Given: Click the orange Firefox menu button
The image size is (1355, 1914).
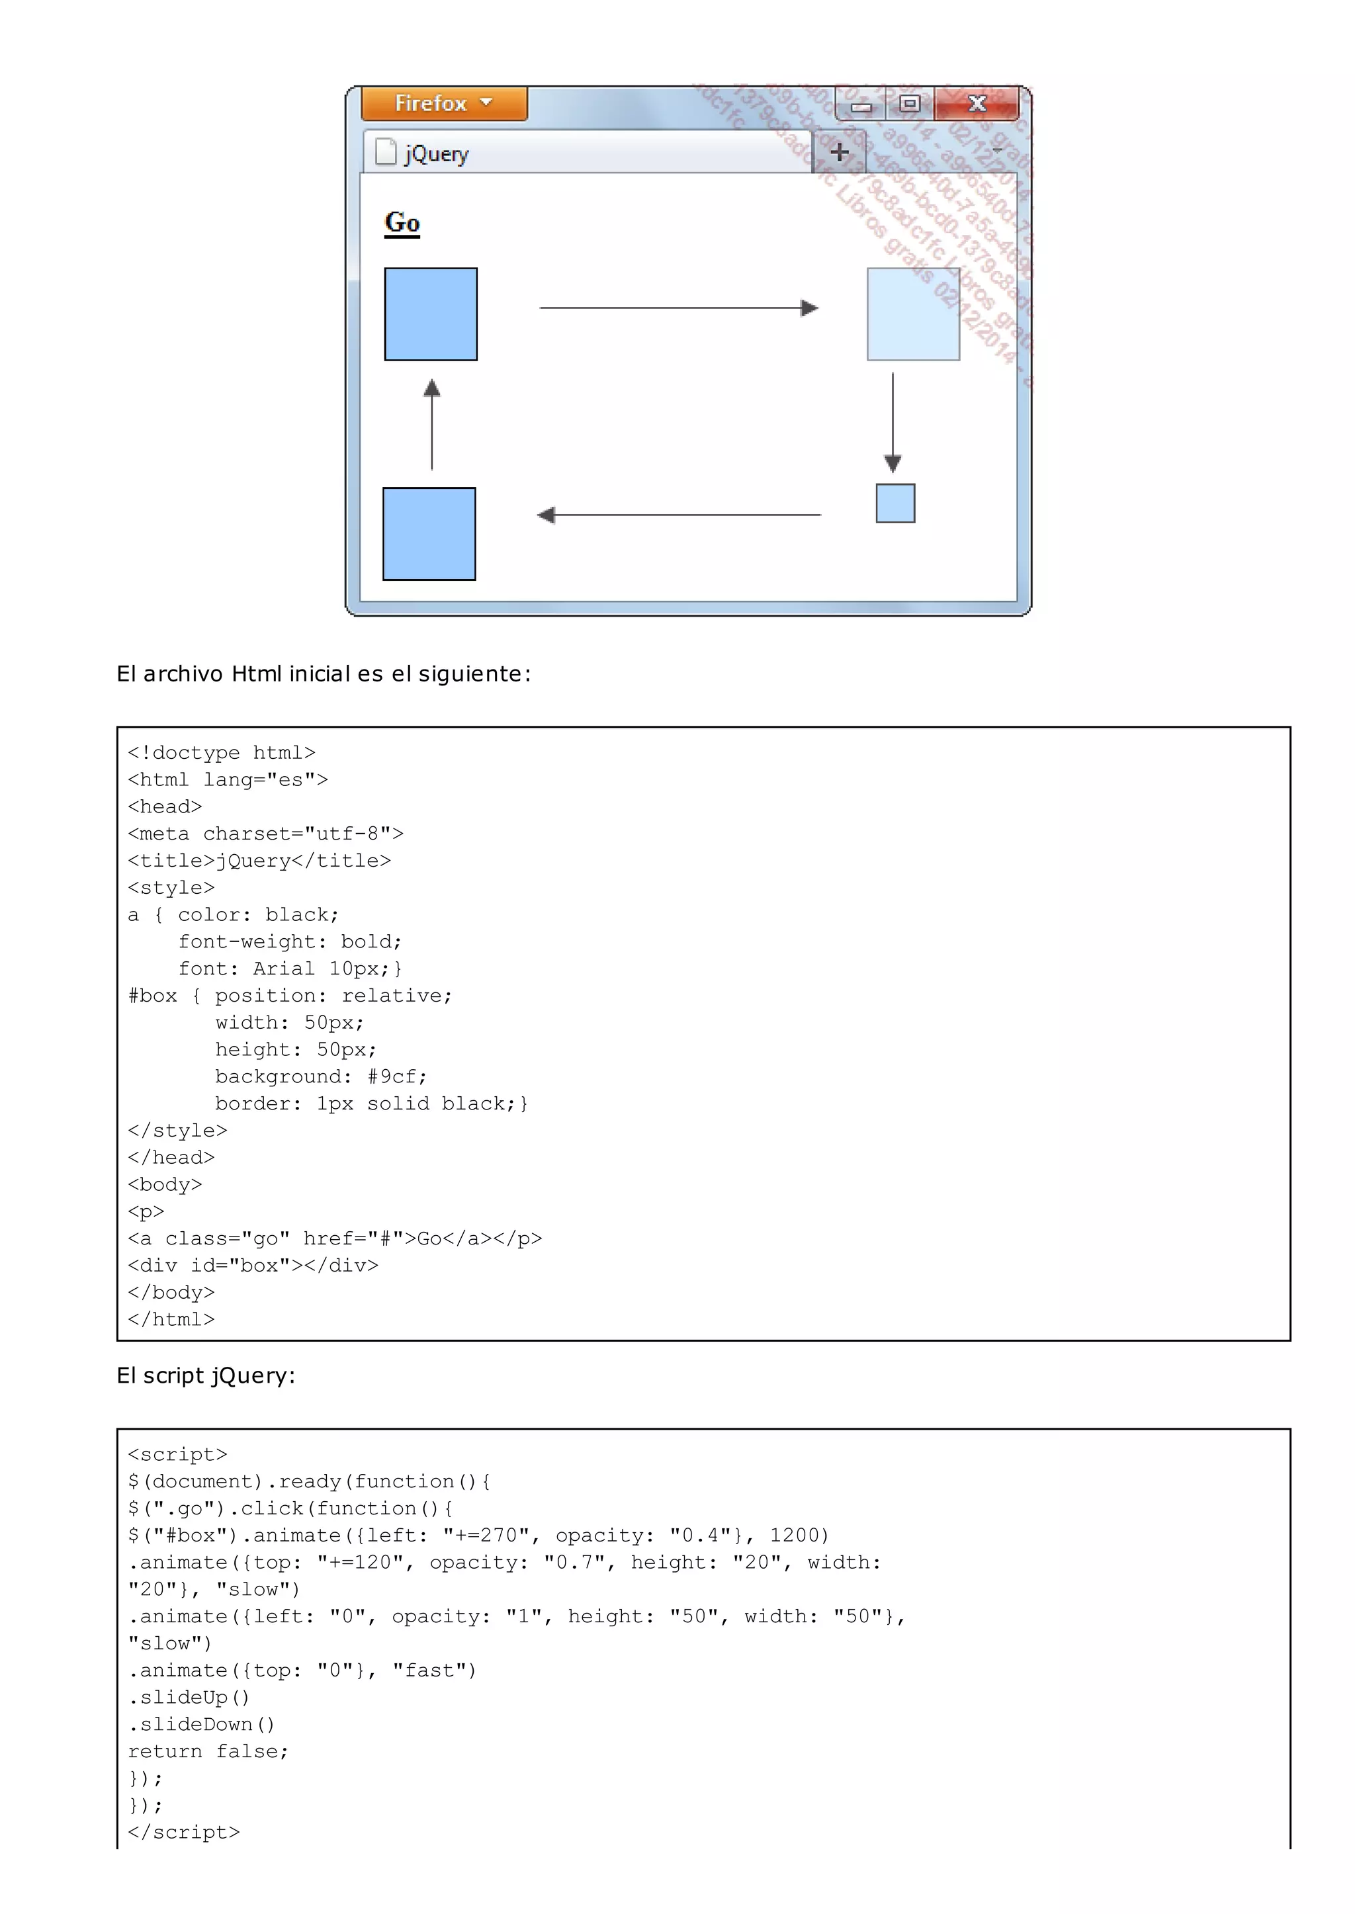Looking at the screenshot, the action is pyautogui.click(x=444, y=103).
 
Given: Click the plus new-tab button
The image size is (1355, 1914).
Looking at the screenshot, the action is pyautogui.click(x=840, y=153).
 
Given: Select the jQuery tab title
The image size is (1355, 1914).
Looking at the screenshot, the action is pyautogui.click(x=437, y=154).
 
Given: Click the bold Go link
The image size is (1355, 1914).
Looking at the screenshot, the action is pyautogui.click(x=402, y=223).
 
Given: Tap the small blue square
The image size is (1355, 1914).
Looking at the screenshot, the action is pyautogui.click(x=895, y=503).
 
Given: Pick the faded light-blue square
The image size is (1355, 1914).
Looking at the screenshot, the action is pyautogui.click(x=913, y=314).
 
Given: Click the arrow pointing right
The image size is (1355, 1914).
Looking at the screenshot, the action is pyautogui.click(x=678, y=308).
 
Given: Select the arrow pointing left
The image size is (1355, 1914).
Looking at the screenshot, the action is pyautogui.click(x=678, y=515).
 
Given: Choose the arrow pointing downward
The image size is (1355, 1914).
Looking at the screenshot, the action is pyautogui.click(x=893, y=422).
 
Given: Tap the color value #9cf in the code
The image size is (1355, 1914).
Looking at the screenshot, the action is pyautogui.click(x=396, y=1076).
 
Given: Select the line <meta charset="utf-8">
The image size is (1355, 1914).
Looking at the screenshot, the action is pyautogui.click(x=265, y=834).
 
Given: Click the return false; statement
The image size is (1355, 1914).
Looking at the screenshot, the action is pyautogui.click(x=208, y=1751).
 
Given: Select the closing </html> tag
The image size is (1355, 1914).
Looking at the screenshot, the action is pyautogui.click(x=171, y=1319).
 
